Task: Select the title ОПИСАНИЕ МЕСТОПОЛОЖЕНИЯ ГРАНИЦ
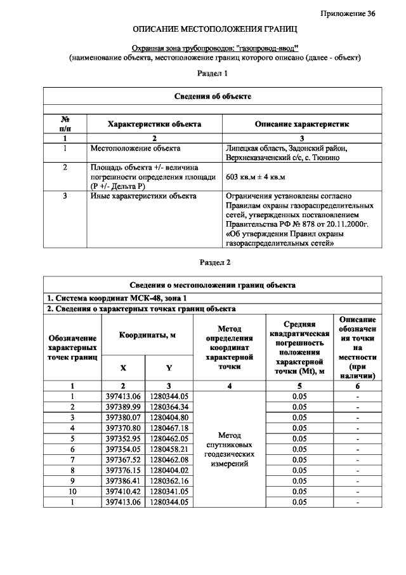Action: (214, 30)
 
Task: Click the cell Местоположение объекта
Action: (131, 149)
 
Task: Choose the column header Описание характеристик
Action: (301, 125)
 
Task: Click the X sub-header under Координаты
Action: (123, 367)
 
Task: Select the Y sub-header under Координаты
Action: (169, 367)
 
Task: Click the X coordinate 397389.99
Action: (123, 407)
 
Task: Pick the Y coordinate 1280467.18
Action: (169, 428)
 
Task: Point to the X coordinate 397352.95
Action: (123, 438)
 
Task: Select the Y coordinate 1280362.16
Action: (169, 481)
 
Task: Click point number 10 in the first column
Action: (72, 492)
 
